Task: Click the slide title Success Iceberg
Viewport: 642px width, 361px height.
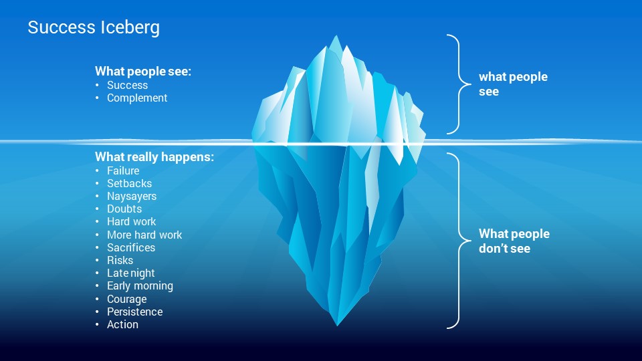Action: pyautogui.click(x=94, y=28)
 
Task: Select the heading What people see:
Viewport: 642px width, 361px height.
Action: pyautogui.click(x=143, y=72)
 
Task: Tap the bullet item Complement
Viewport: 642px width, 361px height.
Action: pyautogui.click(x=137, y=98)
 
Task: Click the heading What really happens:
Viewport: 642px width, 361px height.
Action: pyautogui.click(x=154, y=156)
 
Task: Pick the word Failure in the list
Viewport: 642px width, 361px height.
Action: pyautogui.click(x=123, y=170)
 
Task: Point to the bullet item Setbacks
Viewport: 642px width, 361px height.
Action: pyautogui.click(x=129, y=183)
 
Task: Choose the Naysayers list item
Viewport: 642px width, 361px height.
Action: pyautogui.click(x=132, y=197)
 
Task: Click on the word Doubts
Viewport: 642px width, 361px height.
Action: pyautogui.click(x=124, y=209)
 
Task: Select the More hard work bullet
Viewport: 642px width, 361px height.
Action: pyautogui.click(x=144, y=235)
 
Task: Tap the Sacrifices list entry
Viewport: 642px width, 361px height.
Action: pyautogui.click(x=131, y=247)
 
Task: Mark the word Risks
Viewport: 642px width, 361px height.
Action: pyautogui.click(x=120, y=260)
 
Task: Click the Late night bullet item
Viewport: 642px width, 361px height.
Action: pyautogui.click(x=131, y=273)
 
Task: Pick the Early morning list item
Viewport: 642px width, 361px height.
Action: pyautogui.click(x=140, y=286)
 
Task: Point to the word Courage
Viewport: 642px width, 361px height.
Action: pyautogui.click(x=127, y=299)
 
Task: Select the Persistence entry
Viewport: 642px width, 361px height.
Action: pyautogui.click(x=135, y=312)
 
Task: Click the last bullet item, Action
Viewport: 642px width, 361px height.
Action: pyautogui.click(x=123, y=325)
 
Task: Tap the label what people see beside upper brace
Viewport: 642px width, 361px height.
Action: pyautogui.click(x=513, y=84)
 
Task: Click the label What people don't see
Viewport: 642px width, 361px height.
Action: pyautogui.click(x=514, y=241)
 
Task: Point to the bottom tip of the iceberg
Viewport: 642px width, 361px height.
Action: pyautogui.click(x=337, y=326)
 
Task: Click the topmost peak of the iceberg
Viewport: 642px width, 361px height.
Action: pyautogui.click(x=336, y=35)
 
